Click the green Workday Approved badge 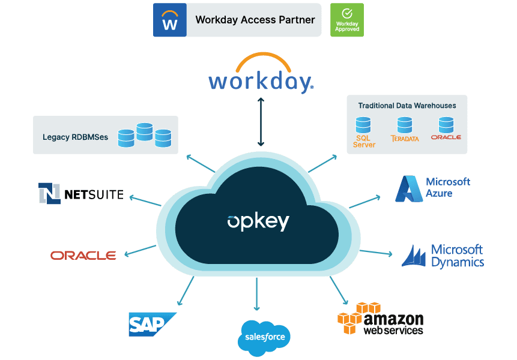tap(346, 20)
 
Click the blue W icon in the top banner tap(170, 20)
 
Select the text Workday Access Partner tap(255, 20)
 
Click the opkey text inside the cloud tap(258, 221)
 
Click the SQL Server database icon tap(363, 125)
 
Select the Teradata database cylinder tap(405, 125)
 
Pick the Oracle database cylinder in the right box tap(446, 125)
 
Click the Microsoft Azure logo tap(432, 188)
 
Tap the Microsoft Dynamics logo tap(443, 255)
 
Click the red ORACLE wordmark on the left tap(83, 255)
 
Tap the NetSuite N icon tap(50, 193)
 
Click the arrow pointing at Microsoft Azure tap(364, 202)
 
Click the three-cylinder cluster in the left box tap(144, 134)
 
